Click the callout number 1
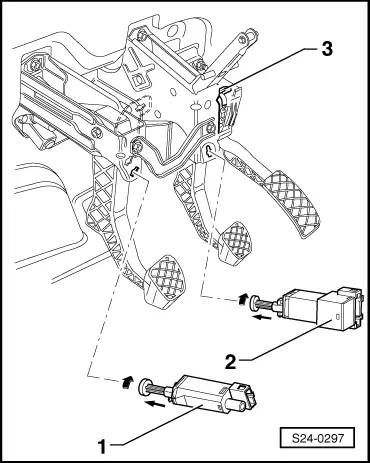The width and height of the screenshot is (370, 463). [101, 436]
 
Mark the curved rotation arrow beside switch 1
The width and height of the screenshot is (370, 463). [126, 380]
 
